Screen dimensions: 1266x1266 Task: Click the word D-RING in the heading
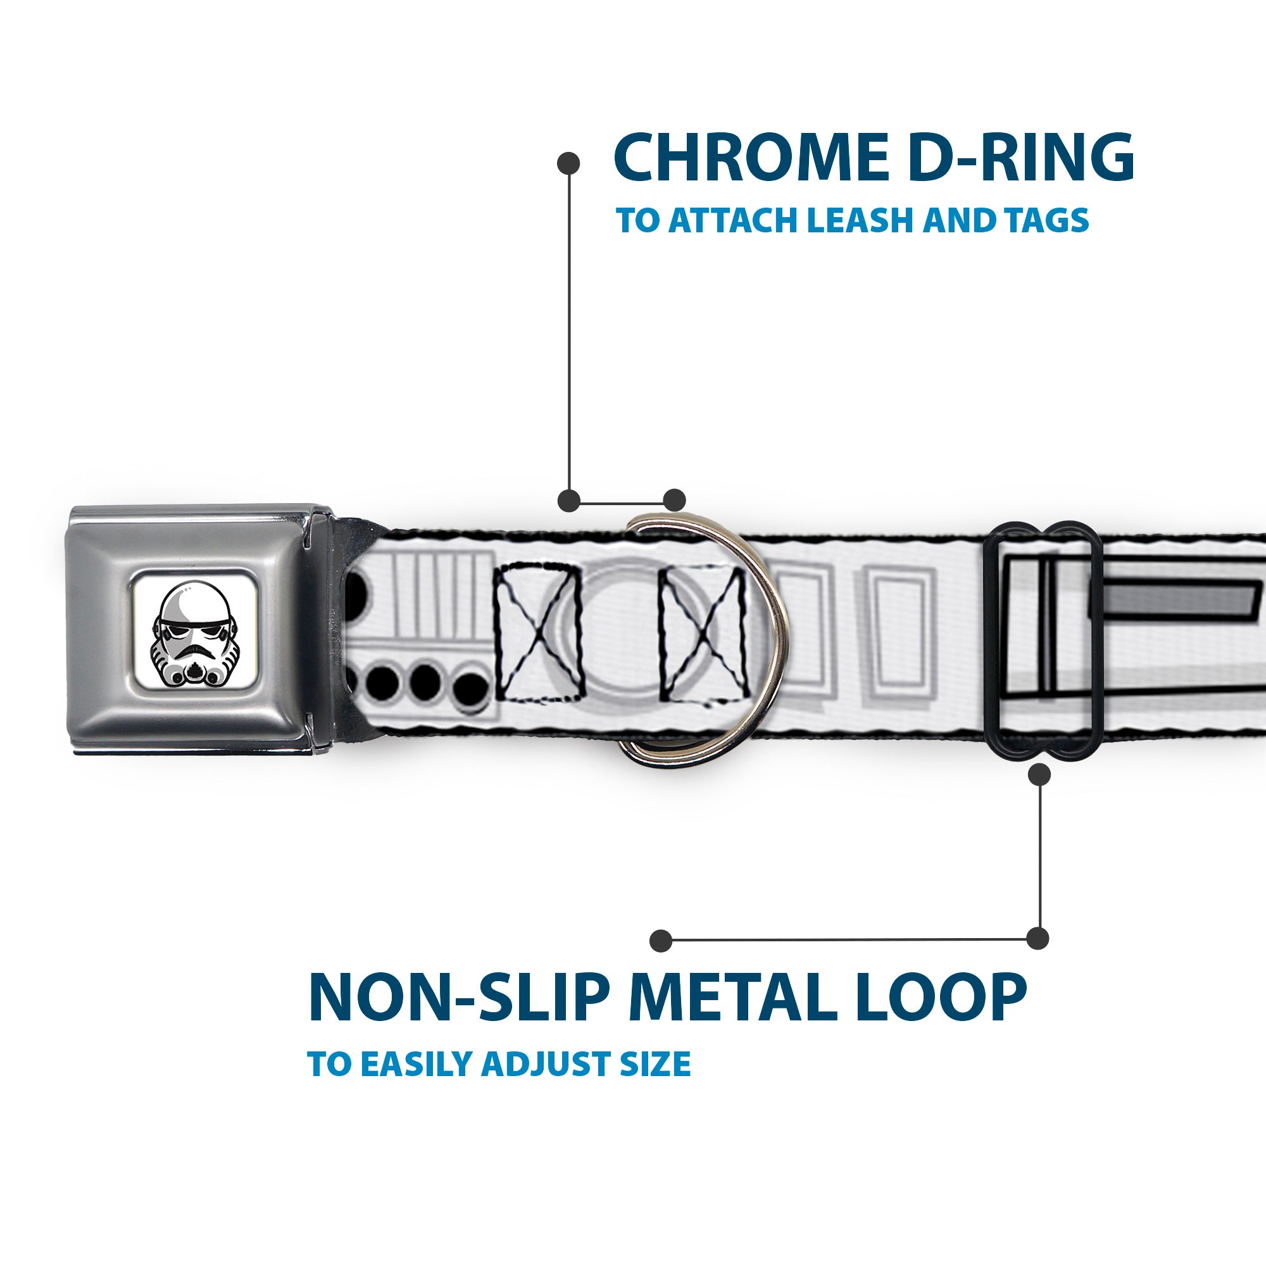[x=1022, y=158]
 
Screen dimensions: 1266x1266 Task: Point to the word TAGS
[x=1048, y=220]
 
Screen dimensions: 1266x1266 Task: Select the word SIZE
[x=655, y=1063]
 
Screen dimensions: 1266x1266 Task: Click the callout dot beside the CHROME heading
[x=568, y=163]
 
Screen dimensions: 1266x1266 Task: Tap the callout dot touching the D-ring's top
[x=674, y=500]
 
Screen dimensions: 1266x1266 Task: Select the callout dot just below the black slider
[x=1039, y=775]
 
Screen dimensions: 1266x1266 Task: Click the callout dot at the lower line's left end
[x=661, y=941]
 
